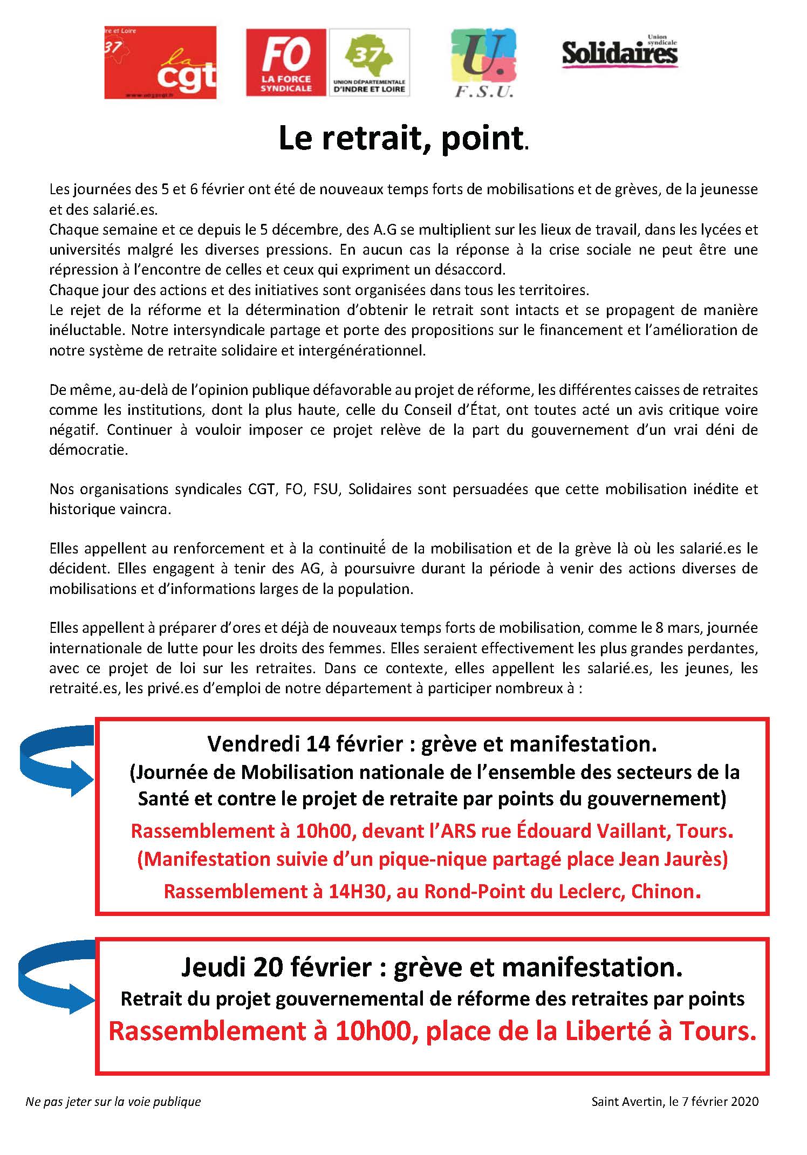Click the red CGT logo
[160, 63]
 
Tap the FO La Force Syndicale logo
[286, 63]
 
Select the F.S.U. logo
[483, 63]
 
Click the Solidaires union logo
[619, 53]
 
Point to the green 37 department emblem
[369, 57]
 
